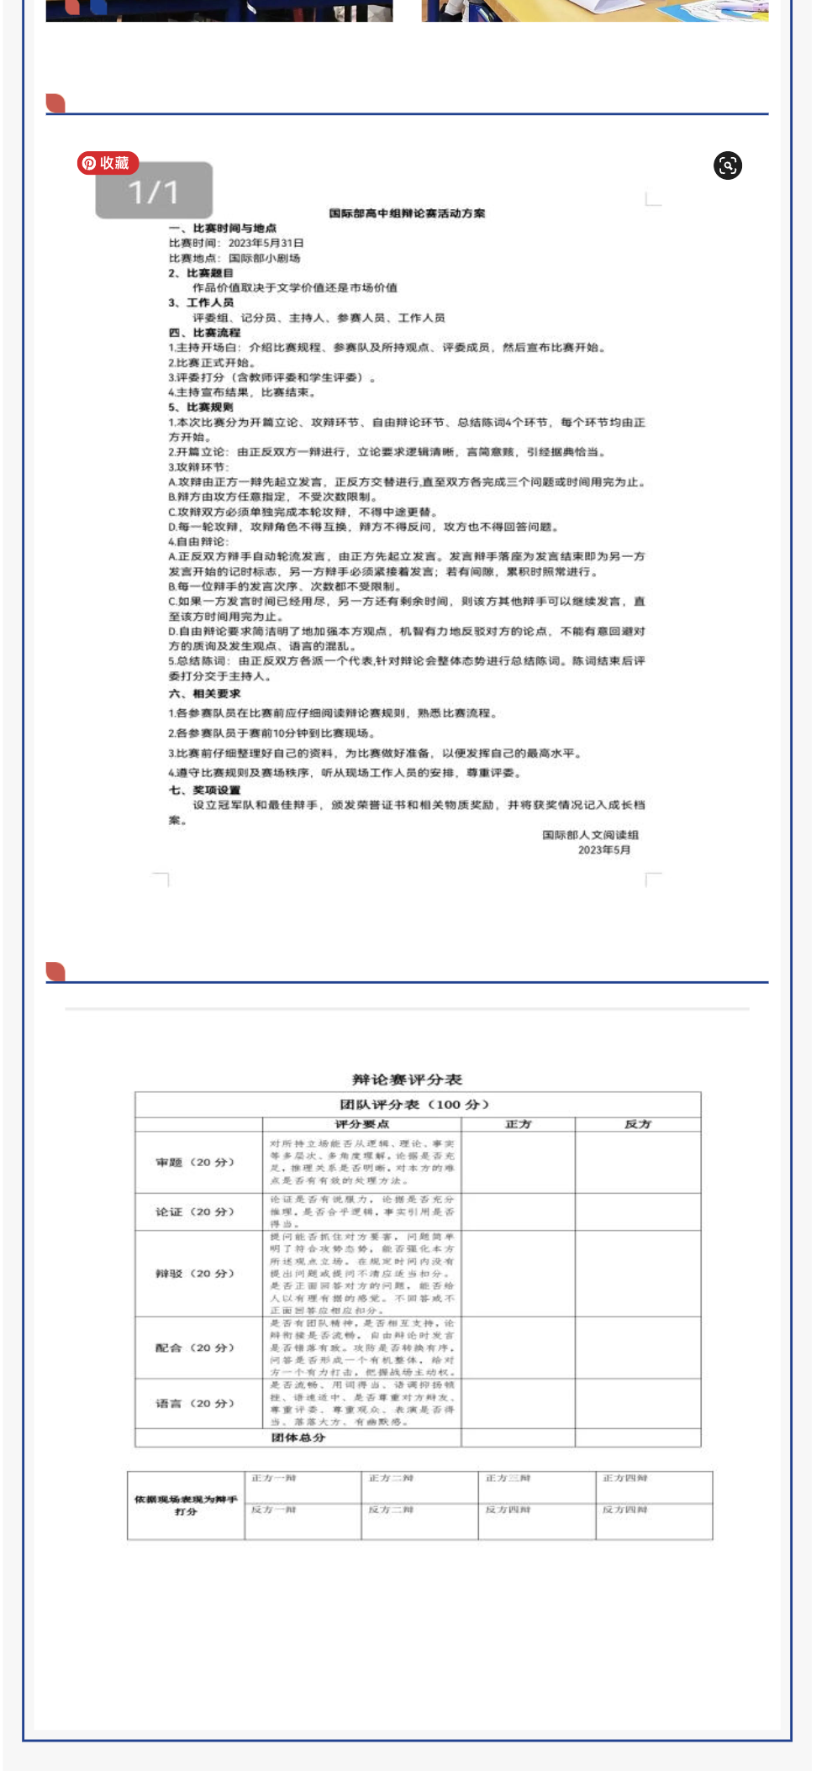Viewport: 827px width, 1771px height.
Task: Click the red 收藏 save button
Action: click(108, 163)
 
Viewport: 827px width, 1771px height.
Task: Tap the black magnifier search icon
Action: click(728, 166)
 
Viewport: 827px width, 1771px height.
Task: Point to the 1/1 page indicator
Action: click(154, 192)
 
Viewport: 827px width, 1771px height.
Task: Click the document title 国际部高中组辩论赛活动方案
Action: click(407, 213)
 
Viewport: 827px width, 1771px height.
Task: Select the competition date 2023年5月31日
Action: click(266, 243)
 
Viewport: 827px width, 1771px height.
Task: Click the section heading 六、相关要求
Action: click(204, 693)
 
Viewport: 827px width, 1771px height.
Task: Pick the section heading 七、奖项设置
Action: click(204, 790)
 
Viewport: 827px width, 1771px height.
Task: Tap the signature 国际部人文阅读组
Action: click(590, 834)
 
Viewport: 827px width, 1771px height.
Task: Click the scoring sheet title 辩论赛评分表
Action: click(407, 1080)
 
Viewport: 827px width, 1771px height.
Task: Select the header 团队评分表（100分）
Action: click(414, 1104)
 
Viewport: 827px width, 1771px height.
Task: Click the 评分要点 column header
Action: click(362, 1124)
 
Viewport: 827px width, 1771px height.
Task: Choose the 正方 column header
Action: click(519, 1124)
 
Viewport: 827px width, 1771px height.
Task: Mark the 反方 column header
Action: click(638, 1124)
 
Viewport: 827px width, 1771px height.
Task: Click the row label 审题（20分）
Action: click(195, 1162)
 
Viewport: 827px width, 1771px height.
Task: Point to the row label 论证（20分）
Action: click(195, 1211)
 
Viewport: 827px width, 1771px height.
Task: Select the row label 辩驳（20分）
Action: click(195, 1274)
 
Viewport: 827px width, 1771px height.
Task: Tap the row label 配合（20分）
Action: click(195, 1348)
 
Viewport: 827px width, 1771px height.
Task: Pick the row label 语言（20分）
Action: click(195, 1403)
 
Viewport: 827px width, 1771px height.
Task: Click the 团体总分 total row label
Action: click(298, 1437)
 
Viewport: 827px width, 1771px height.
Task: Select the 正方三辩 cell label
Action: click(508, 1478)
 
